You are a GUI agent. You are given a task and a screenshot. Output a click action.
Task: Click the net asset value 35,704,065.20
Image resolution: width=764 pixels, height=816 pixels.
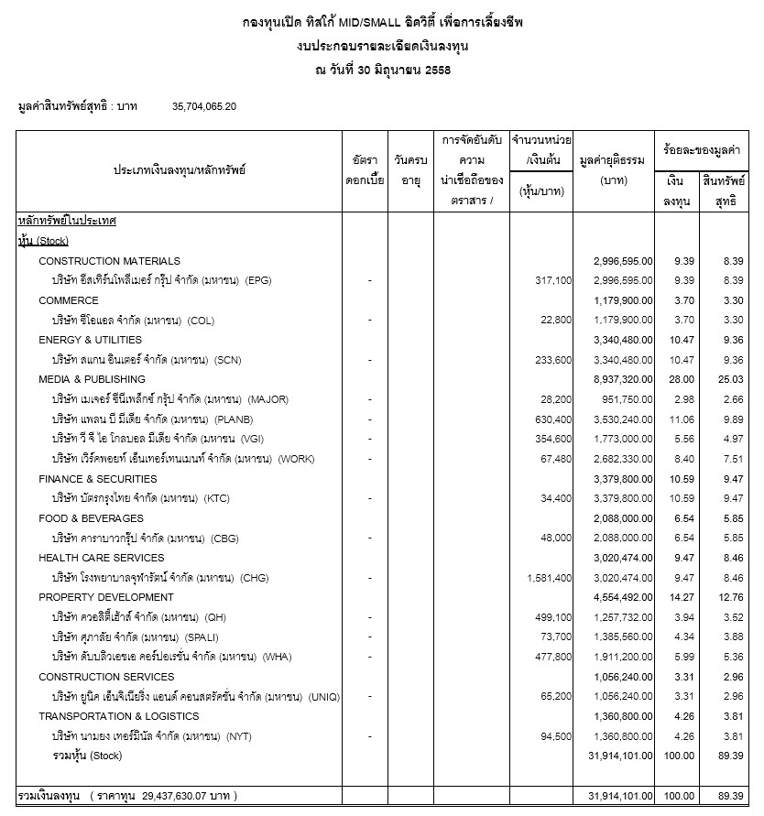(204, 106)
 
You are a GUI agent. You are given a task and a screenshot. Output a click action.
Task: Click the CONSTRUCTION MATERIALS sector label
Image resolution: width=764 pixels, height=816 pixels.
(109, 261)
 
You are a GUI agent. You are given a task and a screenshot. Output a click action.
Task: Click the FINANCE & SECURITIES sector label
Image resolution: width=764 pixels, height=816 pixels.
(98, 479)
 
